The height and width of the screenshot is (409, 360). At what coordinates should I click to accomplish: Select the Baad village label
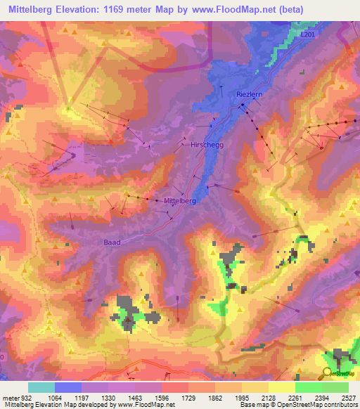pyautogui.click(x=112, y=242)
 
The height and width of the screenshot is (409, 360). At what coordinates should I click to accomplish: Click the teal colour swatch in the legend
pyautogui.click(x=41, y=387)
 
